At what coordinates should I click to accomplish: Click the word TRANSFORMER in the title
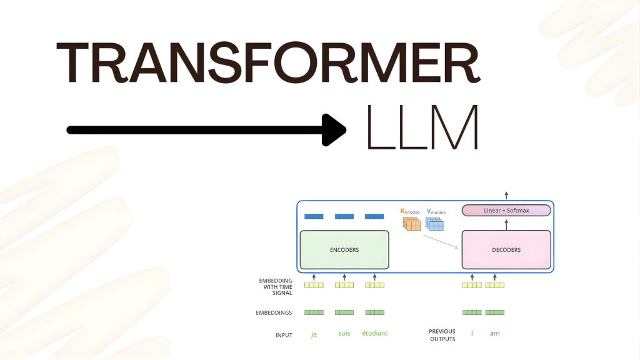point(269,64)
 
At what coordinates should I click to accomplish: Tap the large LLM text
point(422,128)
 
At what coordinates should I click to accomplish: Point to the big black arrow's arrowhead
point(334,129)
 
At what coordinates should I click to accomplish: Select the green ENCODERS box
point(344,249)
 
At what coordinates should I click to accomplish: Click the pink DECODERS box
point(506,249)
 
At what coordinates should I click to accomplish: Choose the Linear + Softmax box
point(506,211)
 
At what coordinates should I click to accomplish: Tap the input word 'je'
point(314,334)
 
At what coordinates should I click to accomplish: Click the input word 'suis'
point(344,333)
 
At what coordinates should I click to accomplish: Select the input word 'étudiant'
point(374,333)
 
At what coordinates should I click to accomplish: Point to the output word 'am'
point(494,333)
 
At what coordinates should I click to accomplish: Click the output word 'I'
point(472,333)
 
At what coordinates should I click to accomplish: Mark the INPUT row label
point(284,336)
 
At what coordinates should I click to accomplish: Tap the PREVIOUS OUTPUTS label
point(442,335)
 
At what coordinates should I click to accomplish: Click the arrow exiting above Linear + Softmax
point(506,196)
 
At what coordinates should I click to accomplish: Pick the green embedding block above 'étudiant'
point(374,312)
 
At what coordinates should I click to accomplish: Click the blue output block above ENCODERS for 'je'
point(314,216)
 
